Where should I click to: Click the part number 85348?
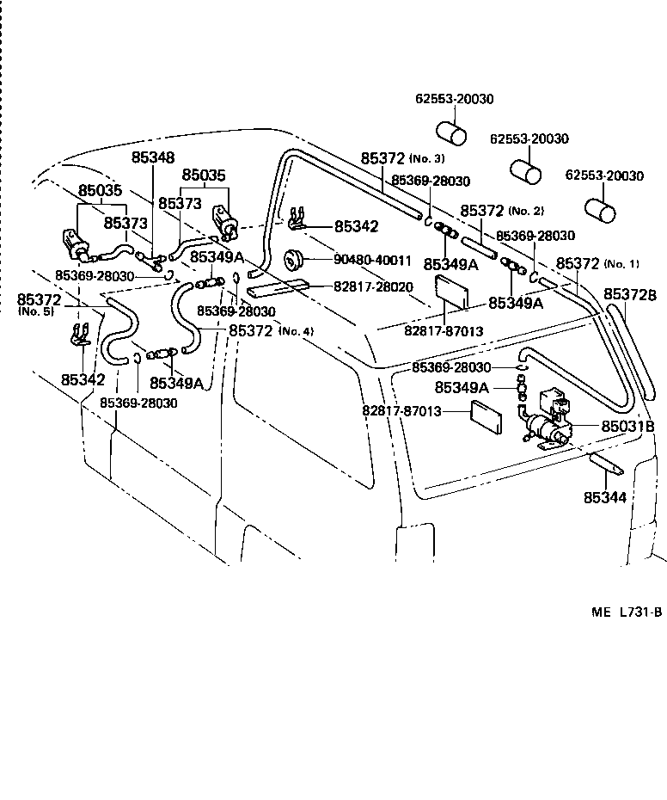coord(152,158)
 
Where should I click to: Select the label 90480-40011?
coord(373,259)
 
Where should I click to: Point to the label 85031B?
coord(627,426)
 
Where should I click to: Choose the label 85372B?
coord(630,295)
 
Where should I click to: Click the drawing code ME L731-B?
coord(626,612)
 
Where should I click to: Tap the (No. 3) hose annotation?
coord(426,159)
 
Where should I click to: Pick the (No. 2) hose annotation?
coord(526,212)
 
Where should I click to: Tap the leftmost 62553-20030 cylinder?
coord(452,134)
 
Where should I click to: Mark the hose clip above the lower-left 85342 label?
coord(79,334)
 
